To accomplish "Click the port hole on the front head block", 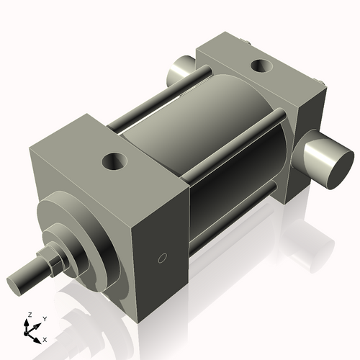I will tap(113, 159).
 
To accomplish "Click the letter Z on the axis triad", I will tap(30, 315).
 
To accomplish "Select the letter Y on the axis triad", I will tap(44, 318).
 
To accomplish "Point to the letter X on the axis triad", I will tap(45, 338).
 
